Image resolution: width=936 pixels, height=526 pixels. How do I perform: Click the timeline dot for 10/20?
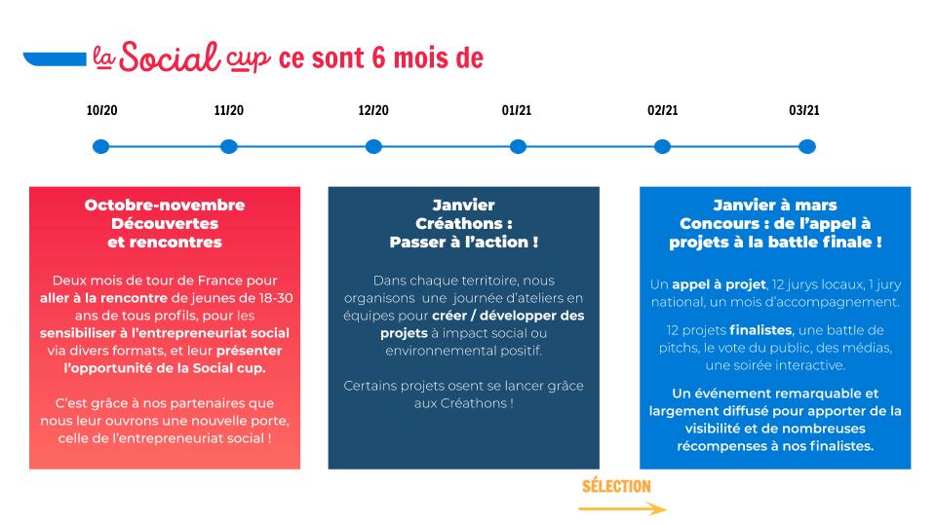(100, 147)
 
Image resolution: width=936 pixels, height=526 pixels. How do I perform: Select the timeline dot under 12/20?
(373, 147)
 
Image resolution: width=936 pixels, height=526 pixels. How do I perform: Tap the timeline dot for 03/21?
(807, 147)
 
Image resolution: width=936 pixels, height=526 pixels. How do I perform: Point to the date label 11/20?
(228, 110)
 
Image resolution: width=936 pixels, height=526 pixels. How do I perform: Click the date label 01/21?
(517, 110)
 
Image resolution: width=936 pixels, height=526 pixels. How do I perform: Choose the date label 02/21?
(663, 110)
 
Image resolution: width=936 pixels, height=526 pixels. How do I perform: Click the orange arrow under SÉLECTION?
(623, 508)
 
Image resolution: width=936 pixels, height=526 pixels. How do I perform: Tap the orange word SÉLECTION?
(616, 486)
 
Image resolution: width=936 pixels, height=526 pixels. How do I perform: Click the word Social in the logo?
(170, 57)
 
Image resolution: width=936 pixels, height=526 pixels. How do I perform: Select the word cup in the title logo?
(248, 59)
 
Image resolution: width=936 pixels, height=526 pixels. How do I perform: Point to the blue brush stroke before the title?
(55, 59)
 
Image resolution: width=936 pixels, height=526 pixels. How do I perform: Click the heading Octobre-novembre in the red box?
(165, 206)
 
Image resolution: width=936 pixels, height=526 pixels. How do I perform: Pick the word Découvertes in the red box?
(165, 224)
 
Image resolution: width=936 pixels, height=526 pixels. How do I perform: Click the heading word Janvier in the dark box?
(464, 206)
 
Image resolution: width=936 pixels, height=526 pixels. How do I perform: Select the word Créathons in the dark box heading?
(459, 224)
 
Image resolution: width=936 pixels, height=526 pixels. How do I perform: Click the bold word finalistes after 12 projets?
(760, 330)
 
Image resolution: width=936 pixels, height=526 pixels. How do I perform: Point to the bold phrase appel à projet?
(719, 285)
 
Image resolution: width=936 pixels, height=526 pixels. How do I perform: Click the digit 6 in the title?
(379, 57)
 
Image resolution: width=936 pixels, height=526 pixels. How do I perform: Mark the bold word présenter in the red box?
(249, 351)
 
